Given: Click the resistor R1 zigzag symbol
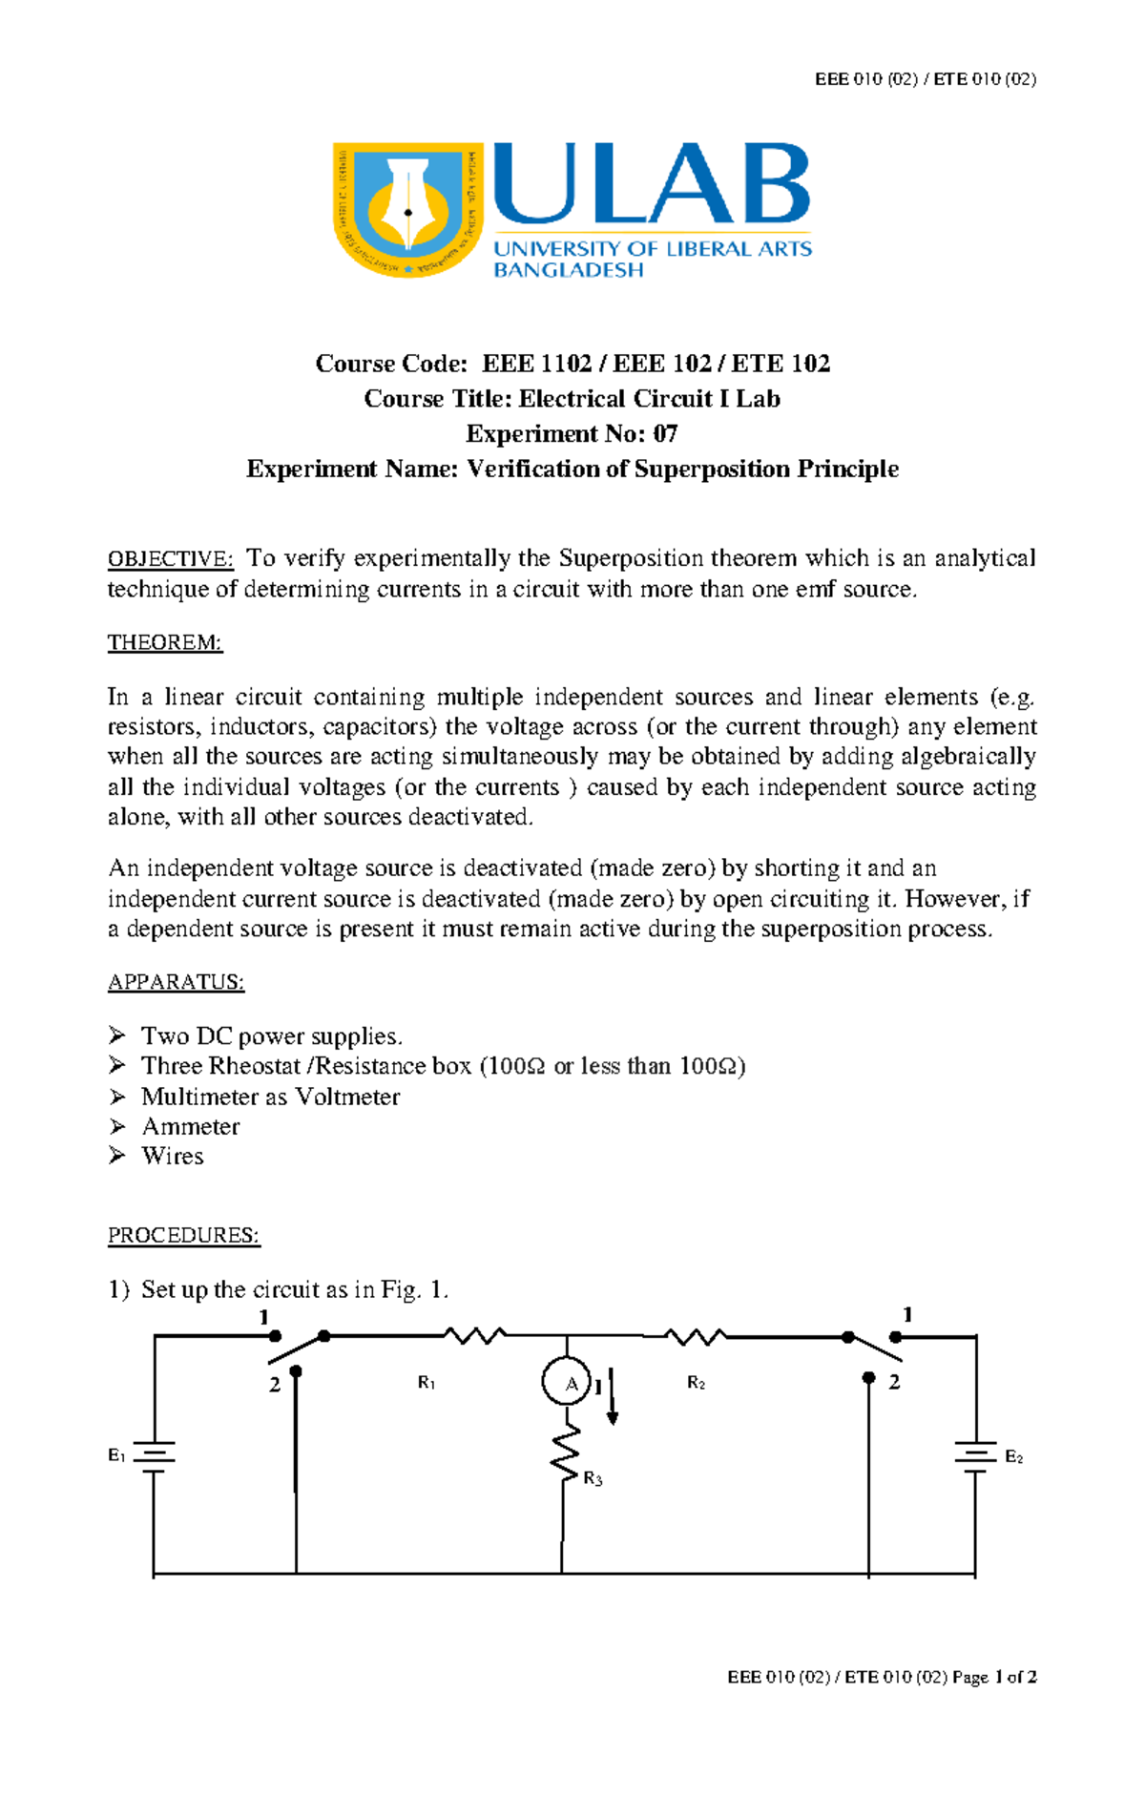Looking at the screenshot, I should coord(474,1336).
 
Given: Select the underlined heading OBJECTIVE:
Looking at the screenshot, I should coord(170,559).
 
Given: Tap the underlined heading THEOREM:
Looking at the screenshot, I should coord(164,642).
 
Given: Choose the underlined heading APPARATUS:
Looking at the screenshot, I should coord(176,982).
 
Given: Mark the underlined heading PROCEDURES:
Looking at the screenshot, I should coord(183,1235).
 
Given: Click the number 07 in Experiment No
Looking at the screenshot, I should coord(665,434).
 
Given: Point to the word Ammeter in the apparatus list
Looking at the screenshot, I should coord(190,1126).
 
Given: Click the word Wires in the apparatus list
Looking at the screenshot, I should coord(172,1156).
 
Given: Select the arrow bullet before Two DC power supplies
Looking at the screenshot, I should coord(116,1035).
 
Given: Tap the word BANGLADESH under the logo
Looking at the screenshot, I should coord(568,270).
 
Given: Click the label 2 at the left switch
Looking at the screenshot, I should coord(274,1385).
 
